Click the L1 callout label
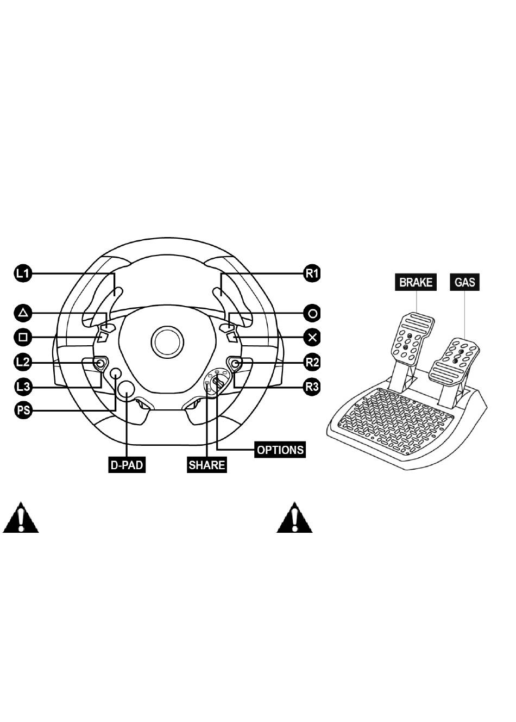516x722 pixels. click(x=23, y=273)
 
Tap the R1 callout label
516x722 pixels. click(x=312, y=273)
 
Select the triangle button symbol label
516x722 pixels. click(x=23, y=313)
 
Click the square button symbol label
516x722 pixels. click(x=23, y=338)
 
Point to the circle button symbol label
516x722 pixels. click(x=312, y=313)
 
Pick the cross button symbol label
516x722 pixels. click(x=312, y=338)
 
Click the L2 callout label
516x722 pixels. click(x=23, y=362)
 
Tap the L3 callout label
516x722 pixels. click(x=23, y=387)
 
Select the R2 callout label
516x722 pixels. click(x=312, y=362)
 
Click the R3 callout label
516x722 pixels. click(x=312, y=387)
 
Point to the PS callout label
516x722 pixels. click(x=23, y=410)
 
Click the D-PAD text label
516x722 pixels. click(x=127, y=465)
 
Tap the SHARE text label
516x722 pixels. click(x=206, y=465)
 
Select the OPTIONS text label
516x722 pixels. click(x=280, y=450)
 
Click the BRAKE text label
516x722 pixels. click(x=416, y=282)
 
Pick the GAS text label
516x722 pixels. click(x=464, y=282)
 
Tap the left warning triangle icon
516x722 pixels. click(x=21, y=519)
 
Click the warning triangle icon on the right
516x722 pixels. click(x=294, y=519)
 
